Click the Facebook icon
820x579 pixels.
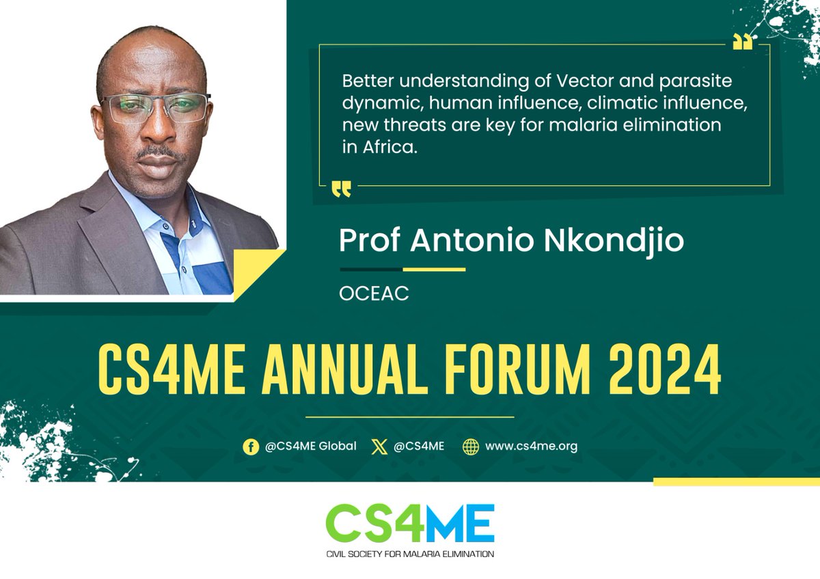coord(251,447)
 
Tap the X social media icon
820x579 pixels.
coord(379,447)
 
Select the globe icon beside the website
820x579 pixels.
coord(471,447)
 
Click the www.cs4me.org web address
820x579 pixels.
coord(531,447)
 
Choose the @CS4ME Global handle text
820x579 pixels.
coord(310,447)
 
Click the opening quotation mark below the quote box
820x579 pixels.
coord(341,189)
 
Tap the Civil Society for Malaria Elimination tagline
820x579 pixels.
coord(409,553)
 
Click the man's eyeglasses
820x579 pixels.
coord(156,108)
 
